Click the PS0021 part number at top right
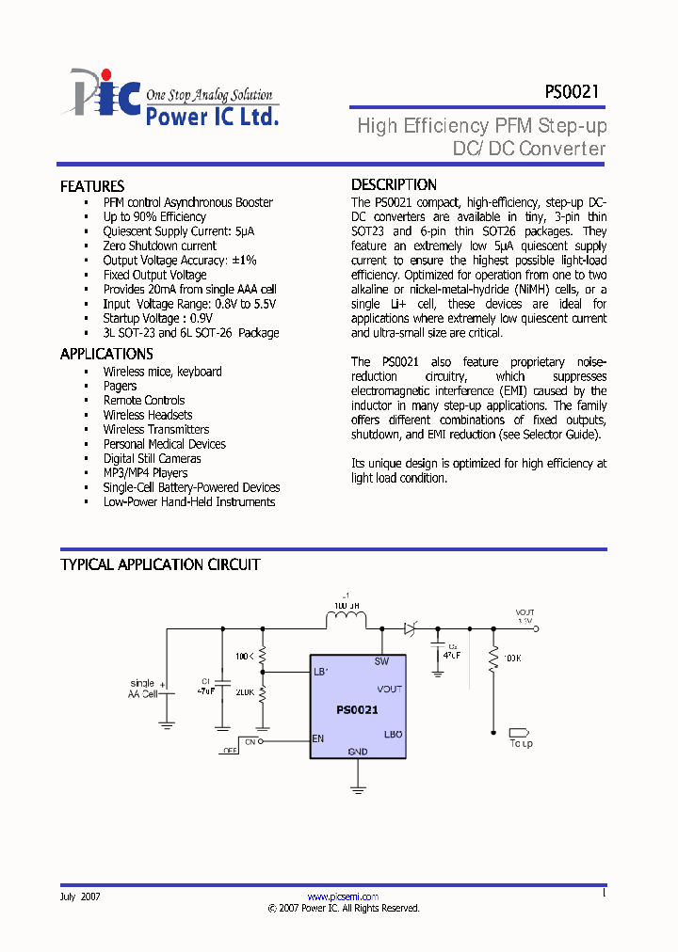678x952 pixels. pos(571,92)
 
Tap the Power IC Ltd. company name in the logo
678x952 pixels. pos(212,117)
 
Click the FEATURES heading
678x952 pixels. pos(92,186)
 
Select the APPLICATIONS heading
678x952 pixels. pos(106,354)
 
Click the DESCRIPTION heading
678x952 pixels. pos(394,184)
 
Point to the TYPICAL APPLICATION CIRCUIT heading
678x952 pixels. pos(160,564)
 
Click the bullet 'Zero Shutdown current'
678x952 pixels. pos(159,246)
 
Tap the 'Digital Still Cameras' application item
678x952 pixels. pos(152,458)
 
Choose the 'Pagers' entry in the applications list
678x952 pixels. pos(120,386)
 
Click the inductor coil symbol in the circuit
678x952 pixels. pos(347,619)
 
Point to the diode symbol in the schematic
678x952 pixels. pos(411,627)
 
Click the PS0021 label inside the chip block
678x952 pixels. pos(357,710)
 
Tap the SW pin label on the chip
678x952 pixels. pos(381,662)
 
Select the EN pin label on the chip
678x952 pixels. pos(318,738)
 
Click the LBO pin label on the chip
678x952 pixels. pos(393,734)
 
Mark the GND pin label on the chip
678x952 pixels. pos(358,751)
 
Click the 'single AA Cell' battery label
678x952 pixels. pos(142,689)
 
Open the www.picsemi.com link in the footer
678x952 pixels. pos(343,896)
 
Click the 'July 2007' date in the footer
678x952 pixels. pos(80,896)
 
